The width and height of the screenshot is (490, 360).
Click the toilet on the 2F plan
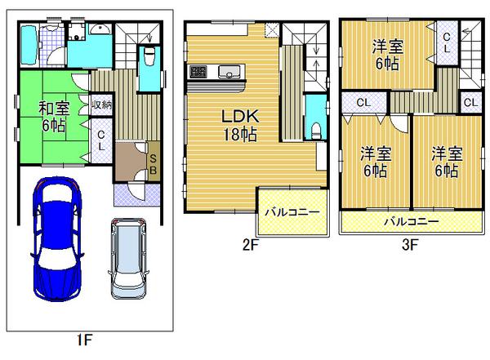coord(315,129)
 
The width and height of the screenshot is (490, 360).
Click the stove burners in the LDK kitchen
coord(198,70)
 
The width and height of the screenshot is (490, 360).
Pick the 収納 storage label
coord(101,104)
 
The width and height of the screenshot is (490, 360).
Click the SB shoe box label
coord(153,162)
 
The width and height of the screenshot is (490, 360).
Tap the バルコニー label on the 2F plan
coord(292,212)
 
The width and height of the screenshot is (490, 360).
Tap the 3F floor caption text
coord(409,244)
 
